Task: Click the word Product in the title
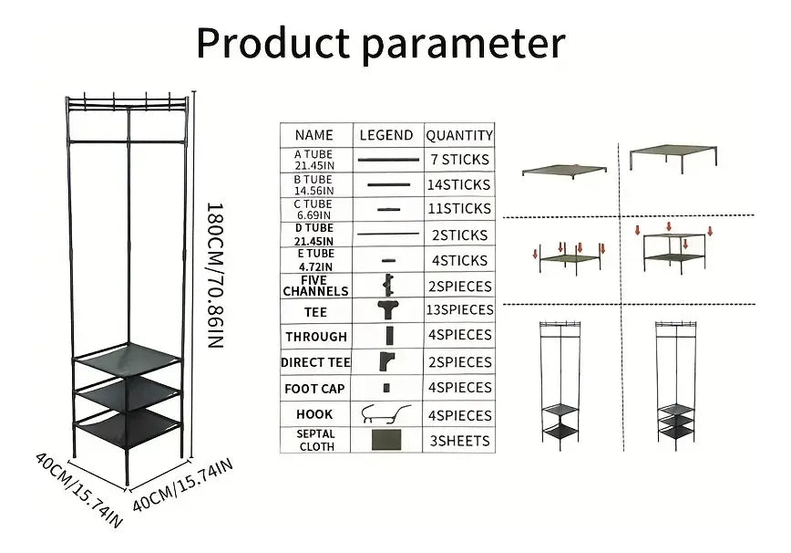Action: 272,43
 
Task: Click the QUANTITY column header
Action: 459,135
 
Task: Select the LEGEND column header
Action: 386,135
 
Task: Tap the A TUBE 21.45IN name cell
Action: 314,160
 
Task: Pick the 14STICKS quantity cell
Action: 459,185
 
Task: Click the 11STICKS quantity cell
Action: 459,209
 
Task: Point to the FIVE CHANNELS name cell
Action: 315,286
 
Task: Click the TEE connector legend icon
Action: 388,309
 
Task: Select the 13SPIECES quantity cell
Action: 459,309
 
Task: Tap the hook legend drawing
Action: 386,414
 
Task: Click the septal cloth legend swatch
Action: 386,440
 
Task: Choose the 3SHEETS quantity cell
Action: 459,441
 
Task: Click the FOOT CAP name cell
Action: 314,389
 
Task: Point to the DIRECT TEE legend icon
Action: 387,361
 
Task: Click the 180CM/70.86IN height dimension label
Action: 215,276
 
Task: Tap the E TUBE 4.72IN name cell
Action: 315,260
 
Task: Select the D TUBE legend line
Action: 388,234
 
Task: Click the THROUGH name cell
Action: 316,337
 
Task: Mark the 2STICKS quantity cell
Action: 459,235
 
